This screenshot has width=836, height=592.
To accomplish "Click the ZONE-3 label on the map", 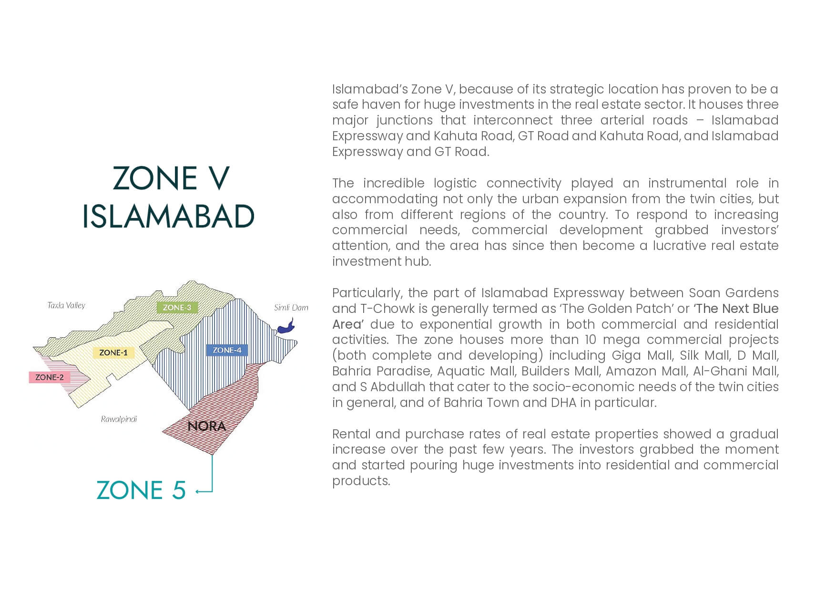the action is point(177,308).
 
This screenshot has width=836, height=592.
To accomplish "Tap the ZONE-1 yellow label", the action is point(113,353).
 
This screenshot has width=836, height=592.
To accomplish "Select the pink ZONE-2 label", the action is point(50,377).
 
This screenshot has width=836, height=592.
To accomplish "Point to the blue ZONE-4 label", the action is point(227,350).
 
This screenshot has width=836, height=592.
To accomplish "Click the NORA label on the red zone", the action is point(207,426).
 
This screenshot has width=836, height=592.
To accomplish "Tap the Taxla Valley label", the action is point(66,305).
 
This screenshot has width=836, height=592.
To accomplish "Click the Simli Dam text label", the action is point(291,308).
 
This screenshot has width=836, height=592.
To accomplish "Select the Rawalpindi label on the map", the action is point(119,419).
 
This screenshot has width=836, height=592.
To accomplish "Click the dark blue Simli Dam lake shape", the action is point(286,326).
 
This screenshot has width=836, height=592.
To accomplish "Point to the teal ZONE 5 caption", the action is point(141,490).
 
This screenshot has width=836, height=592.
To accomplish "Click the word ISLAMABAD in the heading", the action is point(168,216).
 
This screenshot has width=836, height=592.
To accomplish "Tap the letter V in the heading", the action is point(220,178).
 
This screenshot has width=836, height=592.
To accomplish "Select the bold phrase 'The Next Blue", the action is point(736,309).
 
